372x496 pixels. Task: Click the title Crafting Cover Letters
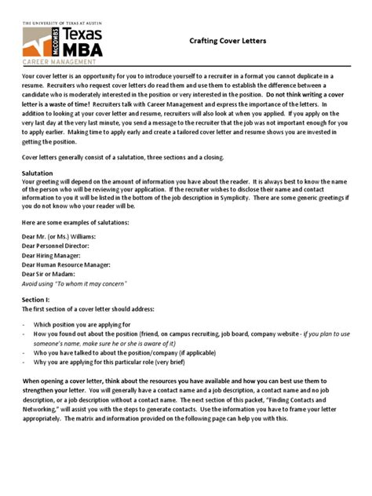(228, 40)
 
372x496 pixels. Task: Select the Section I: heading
(36, 300)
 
